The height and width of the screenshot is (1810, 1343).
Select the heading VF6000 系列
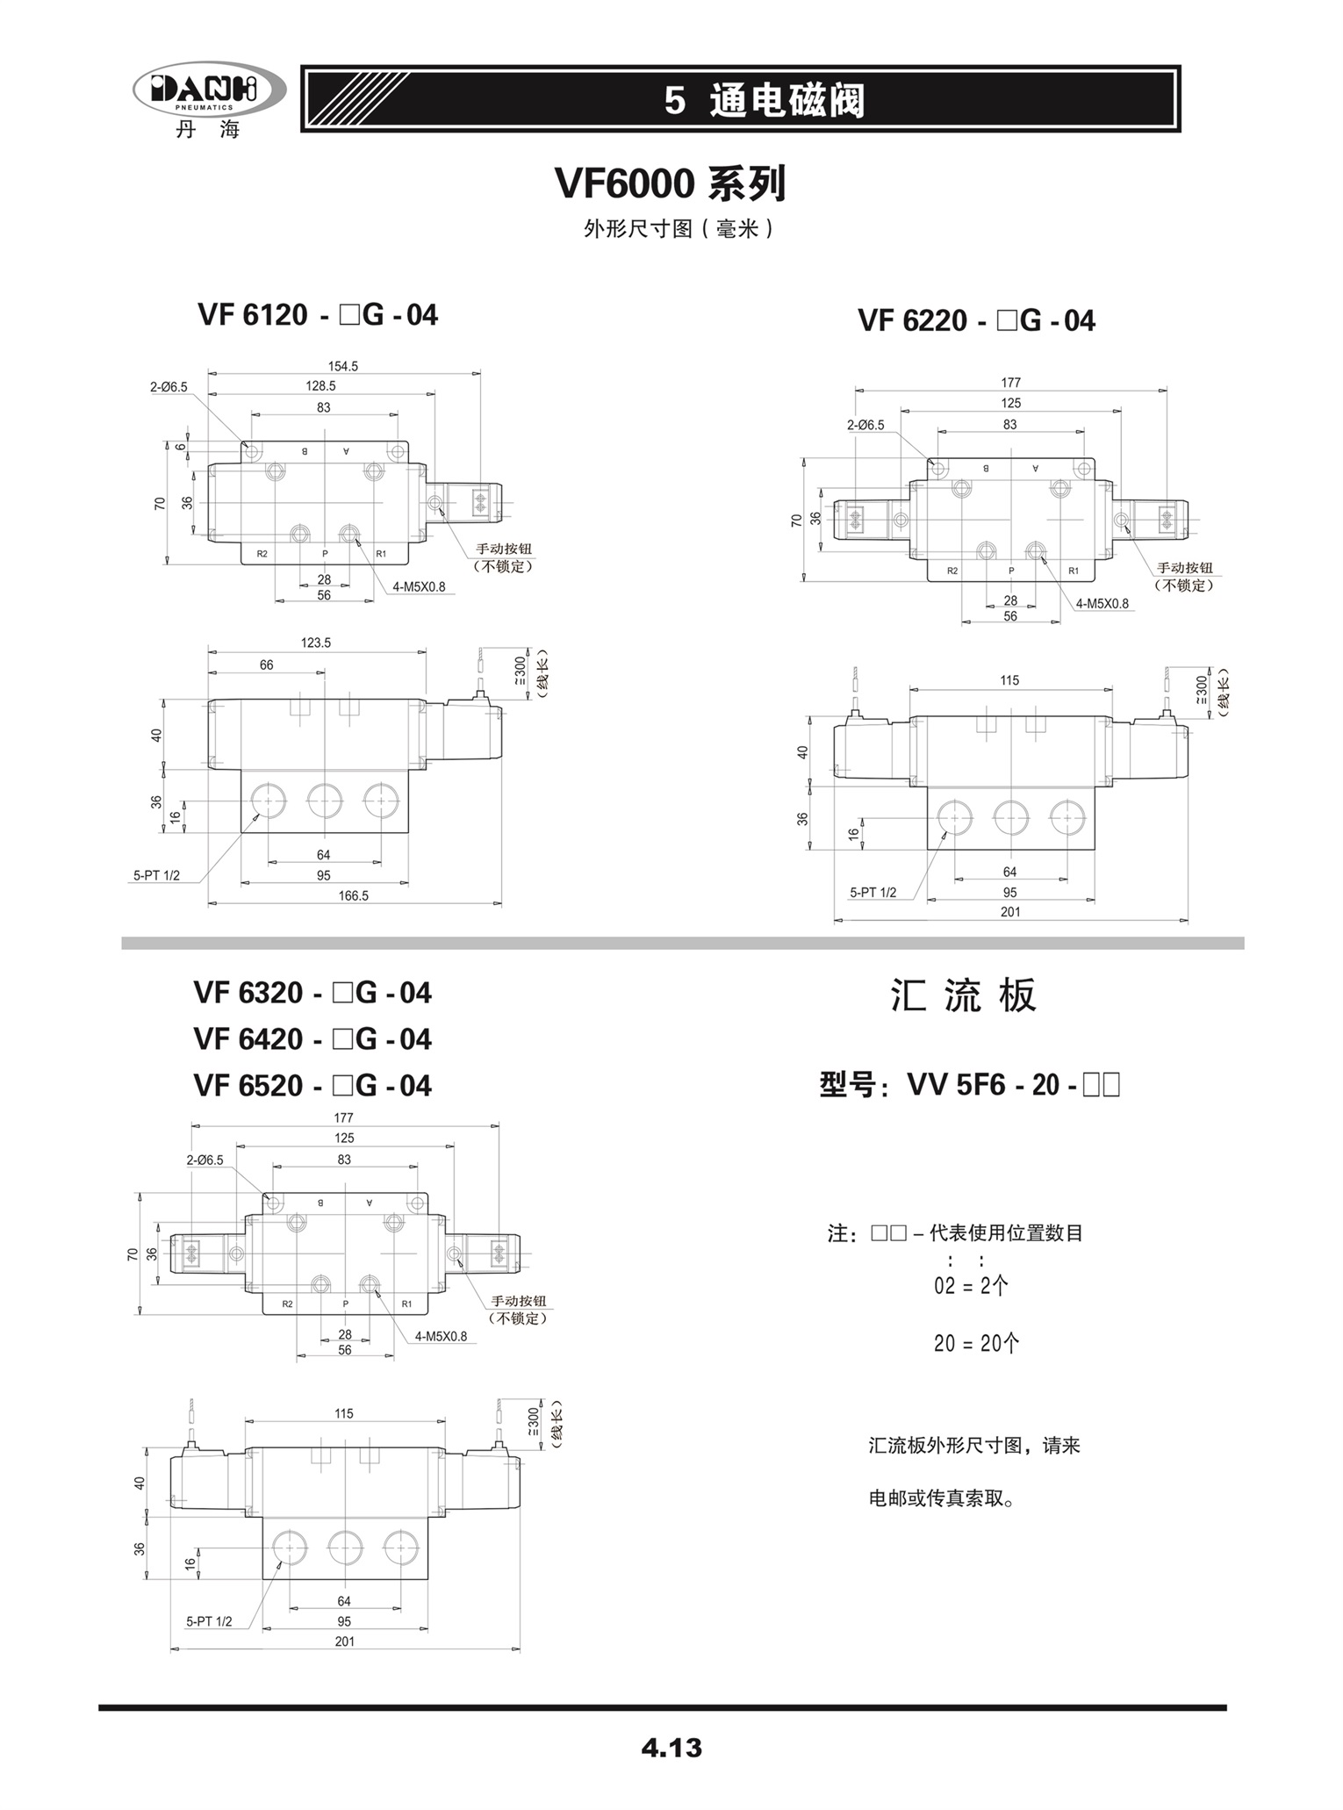(x=671, y=184)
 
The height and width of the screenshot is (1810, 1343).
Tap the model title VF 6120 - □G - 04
(x=318, y=315)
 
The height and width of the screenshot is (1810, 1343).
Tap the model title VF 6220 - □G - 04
(x=976, y=321)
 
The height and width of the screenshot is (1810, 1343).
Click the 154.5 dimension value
(x=342, y=366)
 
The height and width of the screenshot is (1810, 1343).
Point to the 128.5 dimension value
(x=320, y=386)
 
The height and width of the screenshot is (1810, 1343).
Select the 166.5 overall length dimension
(x=353, y=896)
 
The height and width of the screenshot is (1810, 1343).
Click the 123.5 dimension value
(x=316, y=643)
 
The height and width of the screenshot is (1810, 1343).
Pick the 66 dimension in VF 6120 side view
(x=266, y=665)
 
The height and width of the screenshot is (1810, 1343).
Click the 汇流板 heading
(x=964, y=995)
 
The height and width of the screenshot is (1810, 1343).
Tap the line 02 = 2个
(x=971, y=1287)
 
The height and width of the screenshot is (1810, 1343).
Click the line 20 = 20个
(x=976, y=1344)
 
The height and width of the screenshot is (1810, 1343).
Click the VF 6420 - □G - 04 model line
(x=312, y=1039)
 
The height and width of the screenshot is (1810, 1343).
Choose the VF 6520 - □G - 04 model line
(x=312, y=1086)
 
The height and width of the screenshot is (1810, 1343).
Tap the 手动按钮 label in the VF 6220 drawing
(x=1185, y=568)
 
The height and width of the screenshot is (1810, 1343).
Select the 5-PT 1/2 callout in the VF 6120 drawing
(x=156, y=875)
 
